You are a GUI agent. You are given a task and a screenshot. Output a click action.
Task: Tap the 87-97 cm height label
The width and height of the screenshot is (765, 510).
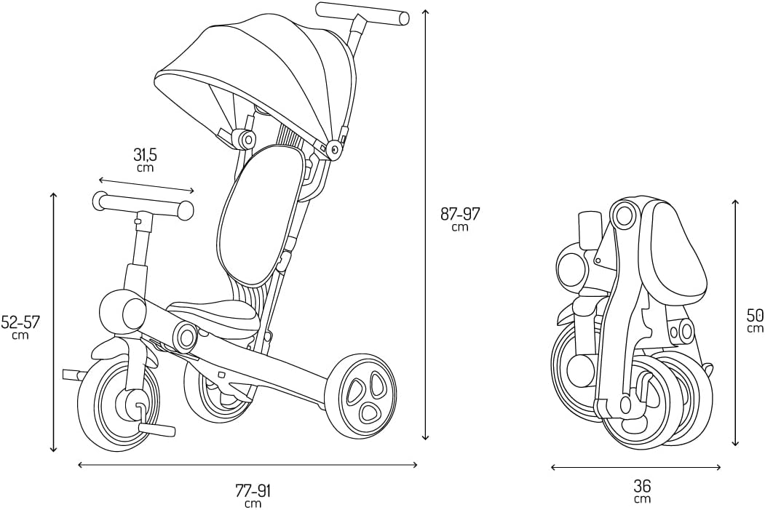[460, 218]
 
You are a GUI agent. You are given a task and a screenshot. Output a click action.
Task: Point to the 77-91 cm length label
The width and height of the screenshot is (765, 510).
[253, 495]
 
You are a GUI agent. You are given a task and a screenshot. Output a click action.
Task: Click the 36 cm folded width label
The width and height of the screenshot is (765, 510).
[642, 490]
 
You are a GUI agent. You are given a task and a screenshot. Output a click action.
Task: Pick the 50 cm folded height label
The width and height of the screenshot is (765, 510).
[755, 320]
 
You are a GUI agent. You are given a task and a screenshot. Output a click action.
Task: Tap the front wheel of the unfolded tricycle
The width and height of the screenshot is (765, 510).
[116, 404]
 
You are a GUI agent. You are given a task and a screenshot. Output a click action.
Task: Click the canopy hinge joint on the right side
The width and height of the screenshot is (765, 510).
[335, 150]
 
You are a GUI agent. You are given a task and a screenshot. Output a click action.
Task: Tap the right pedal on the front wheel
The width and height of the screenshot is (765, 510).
[156, 430]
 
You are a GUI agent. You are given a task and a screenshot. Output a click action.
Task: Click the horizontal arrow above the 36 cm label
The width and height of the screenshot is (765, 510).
[635, 467]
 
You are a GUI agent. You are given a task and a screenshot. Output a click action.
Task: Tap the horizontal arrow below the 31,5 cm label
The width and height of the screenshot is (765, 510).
[146, 180]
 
